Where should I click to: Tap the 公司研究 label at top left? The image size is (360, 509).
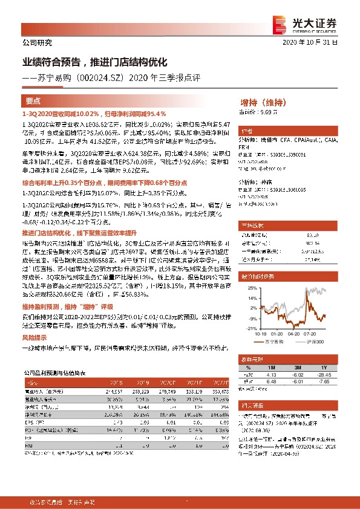(37, 43)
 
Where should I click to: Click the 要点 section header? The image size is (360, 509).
(34, 102)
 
